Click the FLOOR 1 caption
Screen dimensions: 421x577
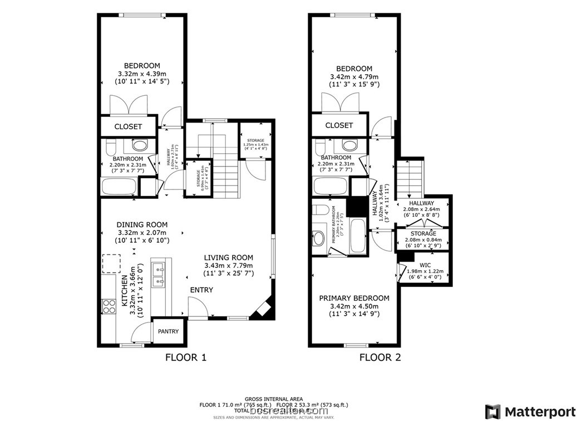point(186,358)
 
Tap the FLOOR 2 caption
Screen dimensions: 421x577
point(380,358)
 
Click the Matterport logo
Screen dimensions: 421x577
point(530,412)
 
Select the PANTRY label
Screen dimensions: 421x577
point(168,331)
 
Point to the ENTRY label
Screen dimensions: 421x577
point(201,290)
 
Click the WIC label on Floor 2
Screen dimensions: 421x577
point(425,265)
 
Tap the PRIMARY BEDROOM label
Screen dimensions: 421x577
point(354,298)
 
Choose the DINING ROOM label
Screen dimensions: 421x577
point(142,225)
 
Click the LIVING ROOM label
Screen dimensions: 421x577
point(228,257)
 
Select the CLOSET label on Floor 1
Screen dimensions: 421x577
point(128,127)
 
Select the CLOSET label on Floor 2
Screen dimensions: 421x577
point(339,125)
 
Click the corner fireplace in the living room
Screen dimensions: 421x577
point(262,310)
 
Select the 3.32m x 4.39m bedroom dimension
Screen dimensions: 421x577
point(142,74)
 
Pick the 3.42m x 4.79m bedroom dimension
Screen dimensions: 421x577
point(354,77)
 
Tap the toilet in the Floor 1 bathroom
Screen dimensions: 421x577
point(110,148)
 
